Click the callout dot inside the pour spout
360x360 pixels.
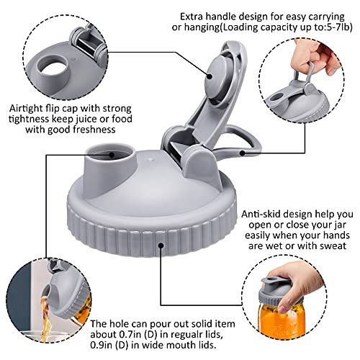(112, 155)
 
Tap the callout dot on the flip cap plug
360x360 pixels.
(210, 76)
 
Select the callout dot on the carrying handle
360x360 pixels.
(243, 153)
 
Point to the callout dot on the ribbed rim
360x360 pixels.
(161, 246)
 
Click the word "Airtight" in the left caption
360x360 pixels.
(26, 109)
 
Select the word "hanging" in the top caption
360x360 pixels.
(199, 28)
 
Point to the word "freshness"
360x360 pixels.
(94, 130)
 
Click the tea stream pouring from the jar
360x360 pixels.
(46, 317)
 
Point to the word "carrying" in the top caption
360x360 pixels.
(326, 17)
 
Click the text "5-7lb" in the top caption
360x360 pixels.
(337, 27)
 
